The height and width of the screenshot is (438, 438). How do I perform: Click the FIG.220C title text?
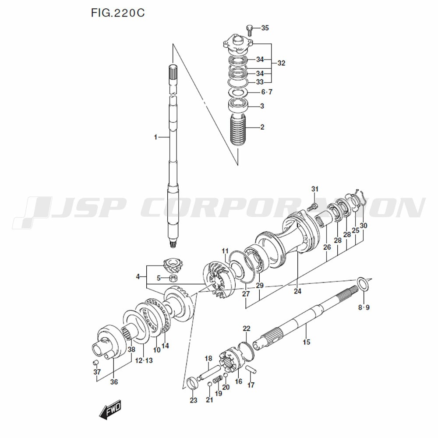coord(117,13)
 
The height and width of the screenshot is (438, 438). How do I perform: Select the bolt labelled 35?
coord(250,30)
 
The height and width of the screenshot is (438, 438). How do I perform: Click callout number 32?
coord(281,63)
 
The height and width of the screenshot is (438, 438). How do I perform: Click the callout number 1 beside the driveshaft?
coord(155,137)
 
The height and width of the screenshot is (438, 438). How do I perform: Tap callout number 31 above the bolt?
coord(314,189)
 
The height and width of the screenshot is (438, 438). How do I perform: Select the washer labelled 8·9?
coord(363,284)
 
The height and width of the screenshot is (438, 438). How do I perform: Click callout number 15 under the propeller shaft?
coord(306,342)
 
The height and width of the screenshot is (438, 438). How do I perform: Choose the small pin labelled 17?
coord(251,369)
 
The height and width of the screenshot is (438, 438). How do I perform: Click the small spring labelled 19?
coord(216,379)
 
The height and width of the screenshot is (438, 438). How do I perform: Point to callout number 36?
coord(114,381)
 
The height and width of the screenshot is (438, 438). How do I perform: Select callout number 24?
coord(298,291)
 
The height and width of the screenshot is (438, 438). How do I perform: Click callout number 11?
coord(225,251)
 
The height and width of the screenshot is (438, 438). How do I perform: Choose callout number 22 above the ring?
coord(247,328)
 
